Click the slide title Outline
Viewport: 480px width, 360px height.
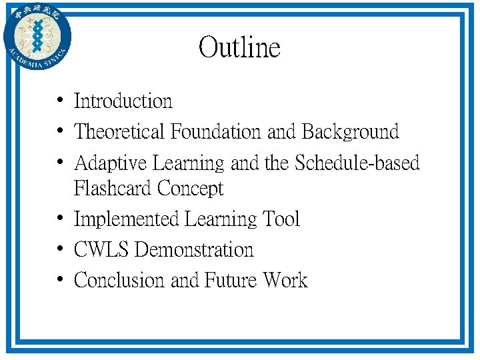click(239, 48)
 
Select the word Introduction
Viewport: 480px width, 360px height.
click(123, 101)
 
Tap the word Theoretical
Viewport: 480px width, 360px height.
click(120, 132)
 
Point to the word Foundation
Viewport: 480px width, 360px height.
click(217, 132)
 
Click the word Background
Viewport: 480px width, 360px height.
click(350, 132)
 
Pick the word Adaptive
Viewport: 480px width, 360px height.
click(111, 163)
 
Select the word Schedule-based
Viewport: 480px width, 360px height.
click(357, 163)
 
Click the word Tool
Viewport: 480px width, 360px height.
click(282, 219)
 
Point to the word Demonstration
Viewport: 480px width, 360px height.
click(194, 250)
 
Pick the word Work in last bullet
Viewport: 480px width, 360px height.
click(285, 281)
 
